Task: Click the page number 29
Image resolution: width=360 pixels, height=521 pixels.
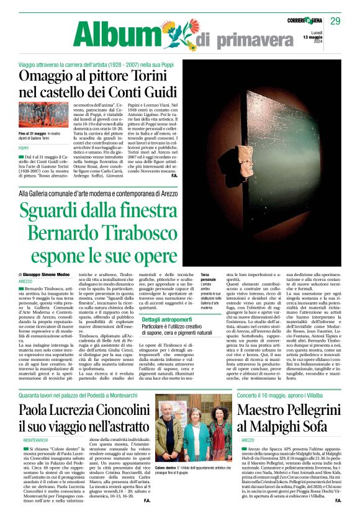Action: (335, 22)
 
